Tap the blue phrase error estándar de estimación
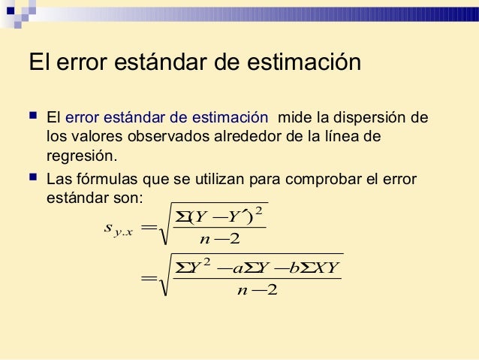166,118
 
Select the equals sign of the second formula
149,280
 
